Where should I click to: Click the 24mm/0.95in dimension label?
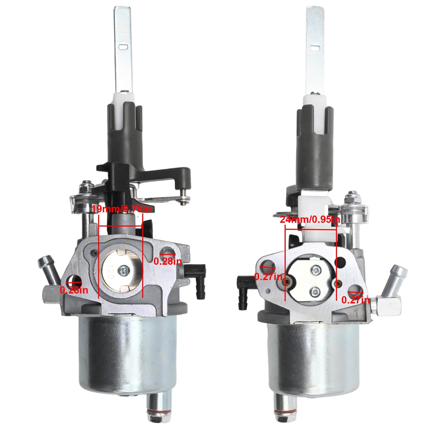pos(310,220)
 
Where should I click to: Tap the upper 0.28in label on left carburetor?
pos(168,261)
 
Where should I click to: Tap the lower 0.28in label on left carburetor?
pos(74,290)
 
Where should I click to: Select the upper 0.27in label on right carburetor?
pos(268,277)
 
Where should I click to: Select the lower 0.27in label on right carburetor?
pos(356,300)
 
